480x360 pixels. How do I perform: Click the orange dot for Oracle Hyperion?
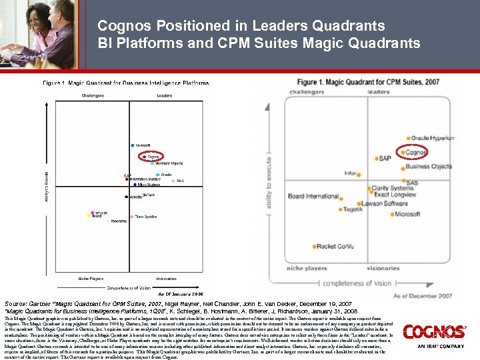[408, 138]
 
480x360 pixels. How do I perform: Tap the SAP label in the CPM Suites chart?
[384, 159]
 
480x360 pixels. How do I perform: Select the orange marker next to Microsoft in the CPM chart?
[391, 215]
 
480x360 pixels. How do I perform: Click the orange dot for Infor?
[361, 173]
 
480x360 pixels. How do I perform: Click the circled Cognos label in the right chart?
[417, 152]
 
